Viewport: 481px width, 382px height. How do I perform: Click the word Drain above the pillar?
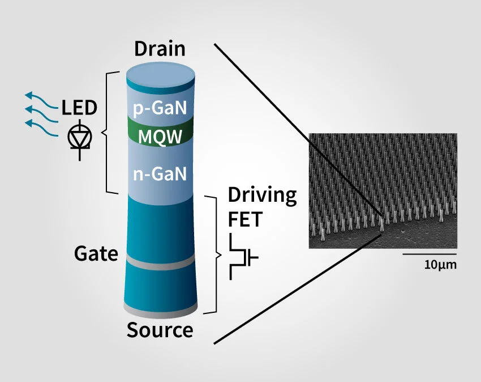point(160,49)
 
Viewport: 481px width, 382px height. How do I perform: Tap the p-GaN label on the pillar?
point(160,108)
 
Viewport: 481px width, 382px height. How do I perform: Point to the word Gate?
point(96,254)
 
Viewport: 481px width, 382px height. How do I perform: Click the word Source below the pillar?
point(160,329)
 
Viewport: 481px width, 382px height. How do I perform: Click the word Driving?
point(262,196)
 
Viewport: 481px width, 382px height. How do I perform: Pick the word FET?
point(245,219)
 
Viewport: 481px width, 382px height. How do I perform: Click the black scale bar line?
point(430,254)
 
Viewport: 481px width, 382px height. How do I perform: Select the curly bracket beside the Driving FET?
point(214,254)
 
